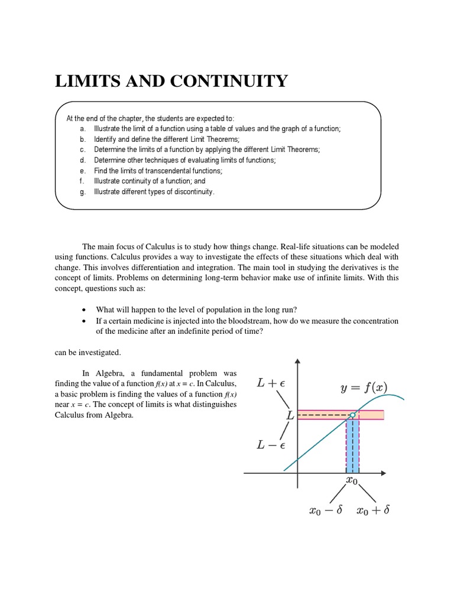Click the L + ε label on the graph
point(270,383)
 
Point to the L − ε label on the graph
point(270,445)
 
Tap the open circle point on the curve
point(352,415)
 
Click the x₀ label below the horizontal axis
point(351,480)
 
